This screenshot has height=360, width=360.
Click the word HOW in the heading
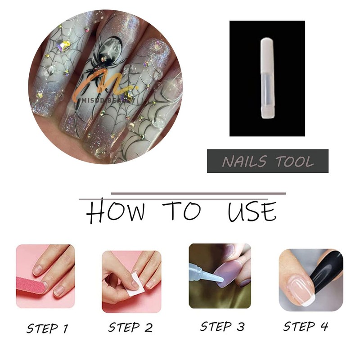click(x=116, y=212)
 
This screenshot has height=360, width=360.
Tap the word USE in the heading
click(x=252, y=211)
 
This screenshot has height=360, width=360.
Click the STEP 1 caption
click(x=47, y=328)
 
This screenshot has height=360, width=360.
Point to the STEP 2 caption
click(x=131, y=327)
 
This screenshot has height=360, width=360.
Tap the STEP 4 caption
click(x=305, y=326)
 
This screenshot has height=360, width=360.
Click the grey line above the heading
click(x=198, y=194)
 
